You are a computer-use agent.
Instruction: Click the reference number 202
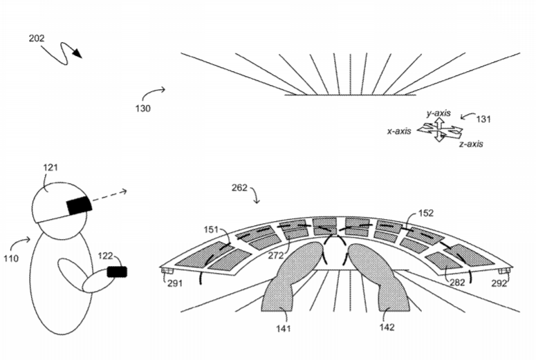coord(37,38)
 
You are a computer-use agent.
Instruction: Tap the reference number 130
coord(143,108)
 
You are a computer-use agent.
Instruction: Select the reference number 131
coord(483,120)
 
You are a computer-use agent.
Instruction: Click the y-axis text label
coord(438,113)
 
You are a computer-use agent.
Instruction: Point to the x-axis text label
coord(399,131)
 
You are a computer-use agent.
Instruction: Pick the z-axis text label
coord(471,144)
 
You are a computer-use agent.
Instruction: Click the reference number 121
coord(50,168)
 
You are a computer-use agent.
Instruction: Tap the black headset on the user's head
coord(79,206)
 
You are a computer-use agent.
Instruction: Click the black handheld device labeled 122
coord(117,272)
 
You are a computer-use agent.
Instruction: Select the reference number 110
coord(11,258)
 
